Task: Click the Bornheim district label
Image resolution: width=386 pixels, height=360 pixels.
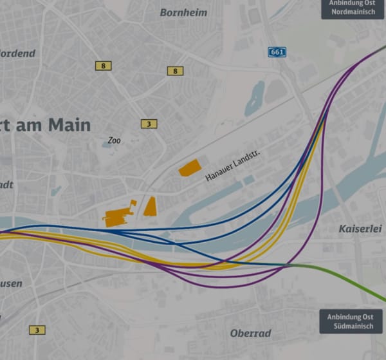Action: point(183,12)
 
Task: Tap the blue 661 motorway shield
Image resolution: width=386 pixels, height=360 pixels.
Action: point(277,52)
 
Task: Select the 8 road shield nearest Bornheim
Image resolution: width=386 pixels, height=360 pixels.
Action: point(174,71)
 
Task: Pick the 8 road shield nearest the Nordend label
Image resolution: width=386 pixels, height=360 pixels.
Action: point(102,66)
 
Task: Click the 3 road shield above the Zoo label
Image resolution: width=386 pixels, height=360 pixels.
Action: point(149,124)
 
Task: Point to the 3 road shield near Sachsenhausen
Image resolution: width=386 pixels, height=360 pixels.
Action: point(37,330)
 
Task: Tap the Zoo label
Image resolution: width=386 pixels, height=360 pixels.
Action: point(115,140)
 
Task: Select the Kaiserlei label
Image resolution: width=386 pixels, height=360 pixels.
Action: point(358,229)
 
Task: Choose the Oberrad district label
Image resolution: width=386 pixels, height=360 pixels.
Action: point(250,334)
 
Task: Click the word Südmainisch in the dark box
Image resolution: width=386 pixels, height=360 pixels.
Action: point(351,327)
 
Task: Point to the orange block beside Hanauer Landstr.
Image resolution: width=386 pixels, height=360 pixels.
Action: point(190,168)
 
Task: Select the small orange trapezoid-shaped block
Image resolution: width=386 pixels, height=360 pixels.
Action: point(150,207)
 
